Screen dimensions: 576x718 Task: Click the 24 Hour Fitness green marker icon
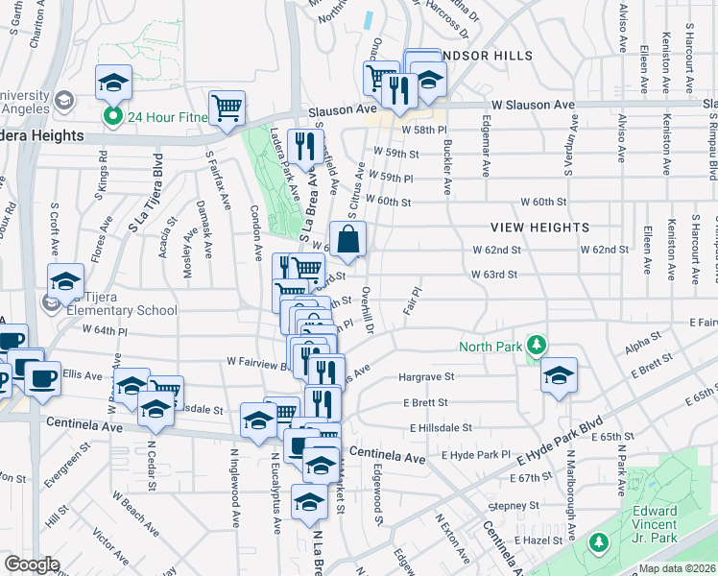[112, 118]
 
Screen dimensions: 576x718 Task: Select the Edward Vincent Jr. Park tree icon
[599, 544]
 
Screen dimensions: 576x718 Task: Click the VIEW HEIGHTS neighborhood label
[539, 228]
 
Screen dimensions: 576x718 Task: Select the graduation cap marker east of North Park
[559, 376]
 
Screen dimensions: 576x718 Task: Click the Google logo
[32, 564]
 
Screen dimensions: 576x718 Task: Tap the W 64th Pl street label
[105, 329]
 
